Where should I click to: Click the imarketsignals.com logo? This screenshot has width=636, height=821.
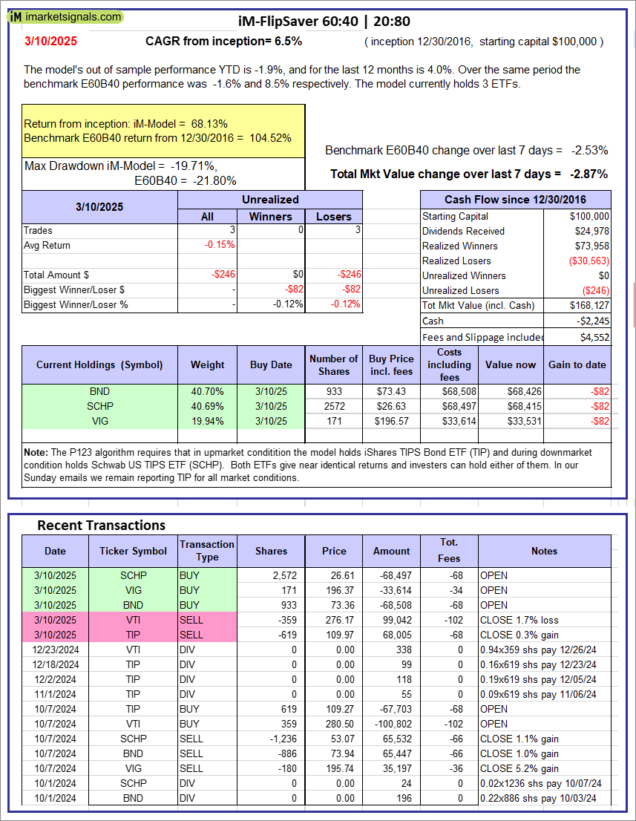pyautogui.click(x=66, y=16)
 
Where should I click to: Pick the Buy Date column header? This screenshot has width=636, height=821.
pyautogui.click(x=270, y=364)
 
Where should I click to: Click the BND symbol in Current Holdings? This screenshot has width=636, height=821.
pyautogui.click(x=99, y=391)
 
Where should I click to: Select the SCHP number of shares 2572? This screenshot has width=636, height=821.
pyautogui.click(x=333, y=406)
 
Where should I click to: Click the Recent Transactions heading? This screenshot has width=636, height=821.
pyautogui.click(x=102, y=525)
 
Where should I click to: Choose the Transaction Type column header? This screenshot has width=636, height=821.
pyautogui.click(x=207, y=551)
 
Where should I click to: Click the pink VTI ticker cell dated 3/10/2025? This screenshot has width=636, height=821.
pyautogui.click(x=134, y=620)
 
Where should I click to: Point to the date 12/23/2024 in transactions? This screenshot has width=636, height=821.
pyautogui.click(x=55, y=650)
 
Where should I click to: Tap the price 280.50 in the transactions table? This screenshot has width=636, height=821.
pyautogui.click(x=334, y=724)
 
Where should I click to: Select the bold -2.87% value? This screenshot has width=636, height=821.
pyautogui.click(x=589, y=174)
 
